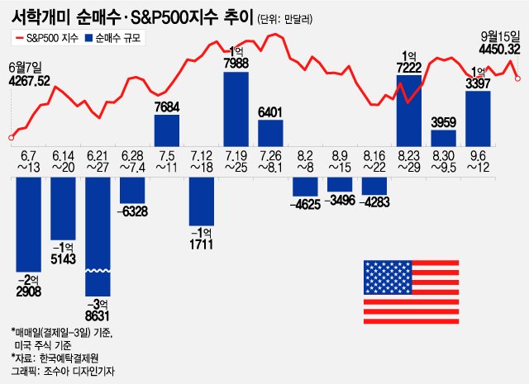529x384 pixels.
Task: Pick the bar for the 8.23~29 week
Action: click(409, 110)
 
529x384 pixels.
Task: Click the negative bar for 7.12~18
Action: click(202, 197)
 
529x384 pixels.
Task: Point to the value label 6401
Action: click(271, 111)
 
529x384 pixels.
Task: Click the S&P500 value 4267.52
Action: click(29, 80)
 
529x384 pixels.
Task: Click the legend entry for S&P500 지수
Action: click(49, 38)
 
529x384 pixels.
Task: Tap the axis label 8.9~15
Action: click(340, 161)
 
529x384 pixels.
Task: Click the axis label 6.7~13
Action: click(29, 161)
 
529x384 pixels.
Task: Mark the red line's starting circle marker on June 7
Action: click(11, 138)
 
